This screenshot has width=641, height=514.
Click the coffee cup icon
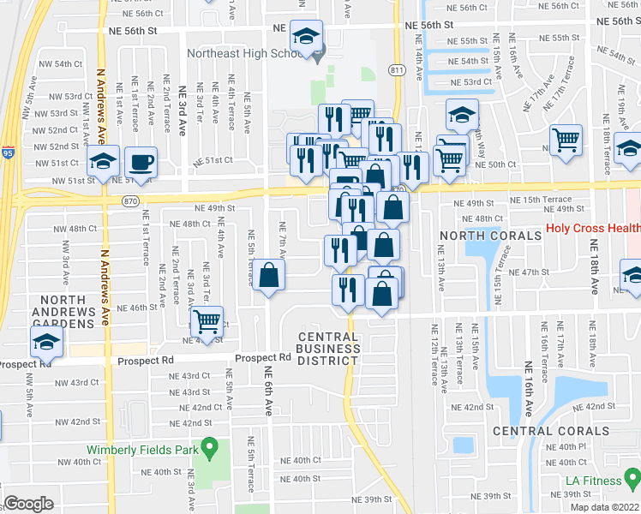click(x=142, y=162)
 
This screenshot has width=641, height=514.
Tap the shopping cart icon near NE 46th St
click(x=207, y=322)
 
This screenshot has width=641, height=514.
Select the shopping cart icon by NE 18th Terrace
click(x=566, y=140)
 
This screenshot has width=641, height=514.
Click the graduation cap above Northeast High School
click(x=306, y=36)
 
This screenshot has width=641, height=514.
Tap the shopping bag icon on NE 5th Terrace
click(x=269, y=276)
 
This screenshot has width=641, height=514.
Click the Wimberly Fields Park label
click(x=141, y=449)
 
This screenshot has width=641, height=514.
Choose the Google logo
click(x=27, y=504)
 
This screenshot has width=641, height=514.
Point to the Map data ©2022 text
click(x=605, y=507)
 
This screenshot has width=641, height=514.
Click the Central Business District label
click(x=328, y=348)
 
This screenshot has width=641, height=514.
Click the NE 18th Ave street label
click(x=593, y=266)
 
